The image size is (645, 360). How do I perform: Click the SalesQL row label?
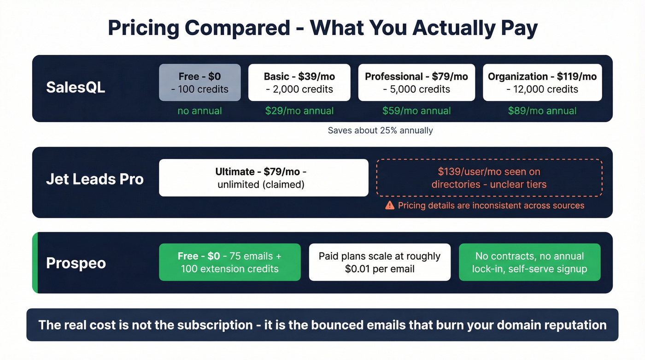point(76,87)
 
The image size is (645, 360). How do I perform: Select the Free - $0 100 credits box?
point(199,83)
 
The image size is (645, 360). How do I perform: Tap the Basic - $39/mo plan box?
point(299,83)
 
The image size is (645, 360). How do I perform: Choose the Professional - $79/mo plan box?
point(416,83)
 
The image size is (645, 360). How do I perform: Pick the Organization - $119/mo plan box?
point(542,83)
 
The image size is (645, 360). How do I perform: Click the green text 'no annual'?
point(199,111)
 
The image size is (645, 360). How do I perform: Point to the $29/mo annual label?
point(299,111)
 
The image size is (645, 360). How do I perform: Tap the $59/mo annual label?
point(416,111)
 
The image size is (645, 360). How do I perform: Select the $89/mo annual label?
point(542,111)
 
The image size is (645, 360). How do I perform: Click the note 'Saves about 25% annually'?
point(380,130)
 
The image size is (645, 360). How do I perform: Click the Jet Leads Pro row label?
point(95,179)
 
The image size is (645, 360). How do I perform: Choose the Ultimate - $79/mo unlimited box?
point(264,178)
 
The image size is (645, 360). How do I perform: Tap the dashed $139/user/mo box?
point(489,178)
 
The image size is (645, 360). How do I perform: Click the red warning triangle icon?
point(390,206)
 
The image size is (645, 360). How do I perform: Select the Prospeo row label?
point(76,263)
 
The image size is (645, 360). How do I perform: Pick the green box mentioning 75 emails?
point(229,262)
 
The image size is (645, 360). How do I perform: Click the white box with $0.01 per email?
point(380,262)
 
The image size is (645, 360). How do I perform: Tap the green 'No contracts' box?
point(529,262)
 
